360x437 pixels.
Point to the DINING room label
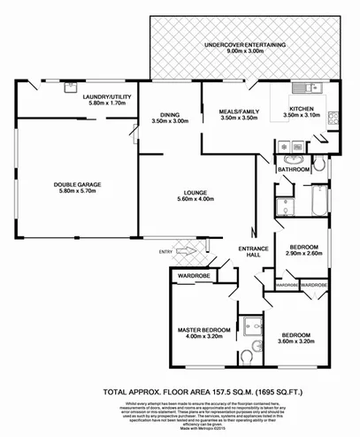[171, 113]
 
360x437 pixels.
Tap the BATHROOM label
[293, 168]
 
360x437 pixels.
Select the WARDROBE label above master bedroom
[192, 276]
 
